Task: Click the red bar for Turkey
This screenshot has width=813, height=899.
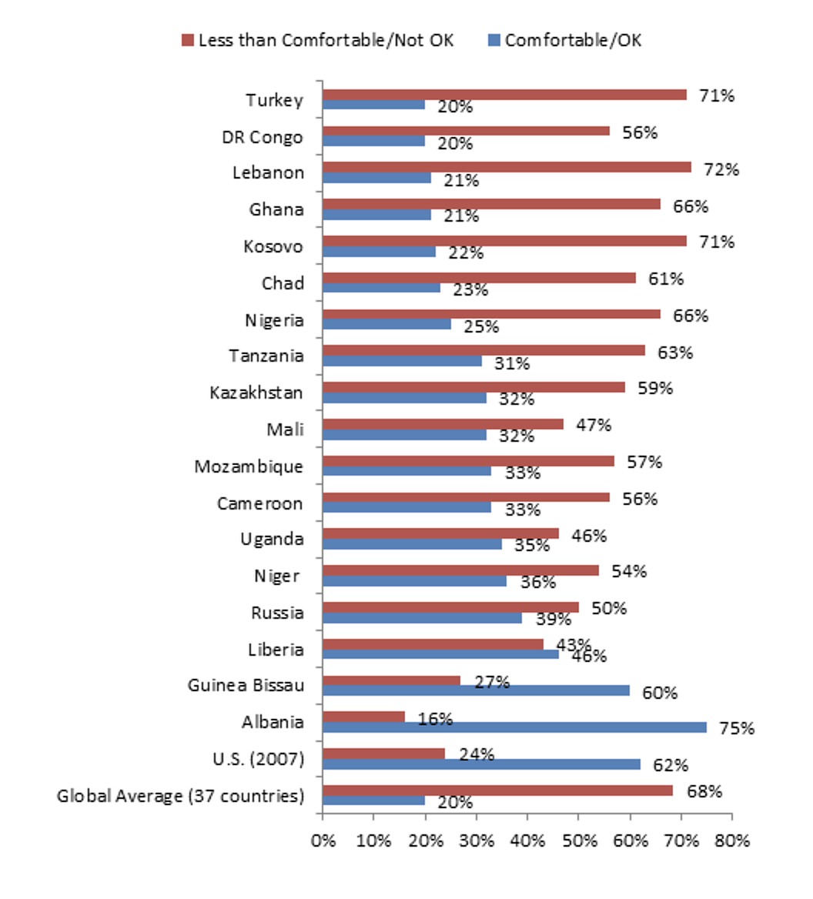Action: tap(504, 95)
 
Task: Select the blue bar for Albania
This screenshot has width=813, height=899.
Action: tap(514, 727)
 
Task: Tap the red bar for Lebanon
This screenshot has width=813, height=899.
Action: tap(507, 168)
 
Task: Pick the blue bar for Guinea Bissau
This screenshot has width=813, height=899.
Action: tap(476, 690)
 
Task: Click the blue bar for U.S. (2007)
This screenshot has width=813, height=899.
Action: tap(481, 764)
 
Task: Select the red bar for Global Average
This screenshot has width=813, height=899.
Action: tap(497, 790)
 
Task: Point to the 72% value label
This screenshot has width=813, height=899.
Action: tap(721, 169)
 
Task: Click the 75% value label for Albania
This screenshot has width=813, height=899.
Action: tap(736, 728)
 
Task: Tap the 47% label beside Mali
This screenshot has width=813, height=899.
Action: tap(594, 425)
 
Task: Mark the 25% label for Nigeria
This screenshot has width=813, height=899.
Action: tap(480, 326)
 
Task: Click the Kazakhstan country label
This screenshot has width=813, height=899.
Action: tap(256, 393)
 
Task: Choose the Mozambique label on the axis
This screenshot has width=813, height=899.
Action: tap(249, 467)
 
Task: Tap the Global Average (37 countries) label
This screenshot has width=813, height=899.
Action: tap(180, 796)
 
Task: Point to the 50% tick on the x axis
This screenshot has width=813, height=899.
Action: tap(579, 841)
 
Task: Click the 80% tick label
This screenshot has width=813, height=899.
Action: tap(731, 841)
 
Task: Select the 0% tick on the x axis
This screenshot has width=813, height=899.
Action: tap(323, 841)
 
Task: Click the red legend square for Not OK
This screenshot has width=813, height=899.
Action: tap(187, 40)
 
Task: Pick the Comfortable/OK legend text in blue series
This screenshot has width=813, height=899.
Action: tap(573, 40)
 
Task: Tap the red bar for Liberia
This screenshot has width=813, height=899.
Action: tap(433, 643)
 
